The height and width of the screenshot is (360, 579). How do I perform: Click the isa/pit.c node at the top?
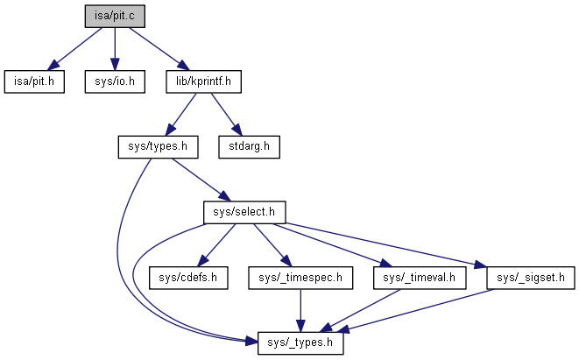click(115, 16)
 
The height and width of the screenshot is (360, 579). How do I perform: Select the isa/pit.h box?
click(33, 82)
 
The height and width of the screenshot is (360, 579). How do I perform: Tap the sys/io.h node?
click(115, 82)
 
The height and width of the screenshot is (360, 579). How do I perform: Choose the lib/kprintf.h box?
click(202, 82)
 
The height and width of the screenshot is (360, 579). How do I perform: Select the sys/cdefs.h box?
click(187, 279)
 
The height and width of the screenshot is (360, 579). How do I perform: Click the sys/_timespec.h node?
click(301, 279)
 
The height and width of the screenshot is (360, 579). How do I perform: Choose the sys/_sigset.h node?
click(523, 279)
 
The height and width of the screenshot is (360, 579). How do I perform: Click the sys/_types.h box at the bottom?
click(301, 342)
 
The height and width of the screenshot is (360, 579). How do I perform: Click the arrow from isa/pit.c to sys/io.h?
click(115, 49)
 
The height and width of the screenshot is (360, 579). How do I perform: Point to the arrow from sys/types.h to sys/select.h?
click(198, 179)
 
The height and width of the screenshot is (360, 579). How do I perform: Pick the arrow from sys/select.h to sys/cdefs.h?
click(216, 245)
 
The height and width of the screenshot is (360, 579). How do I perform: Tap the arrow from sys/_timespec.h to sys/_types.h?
click(301, 310)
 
